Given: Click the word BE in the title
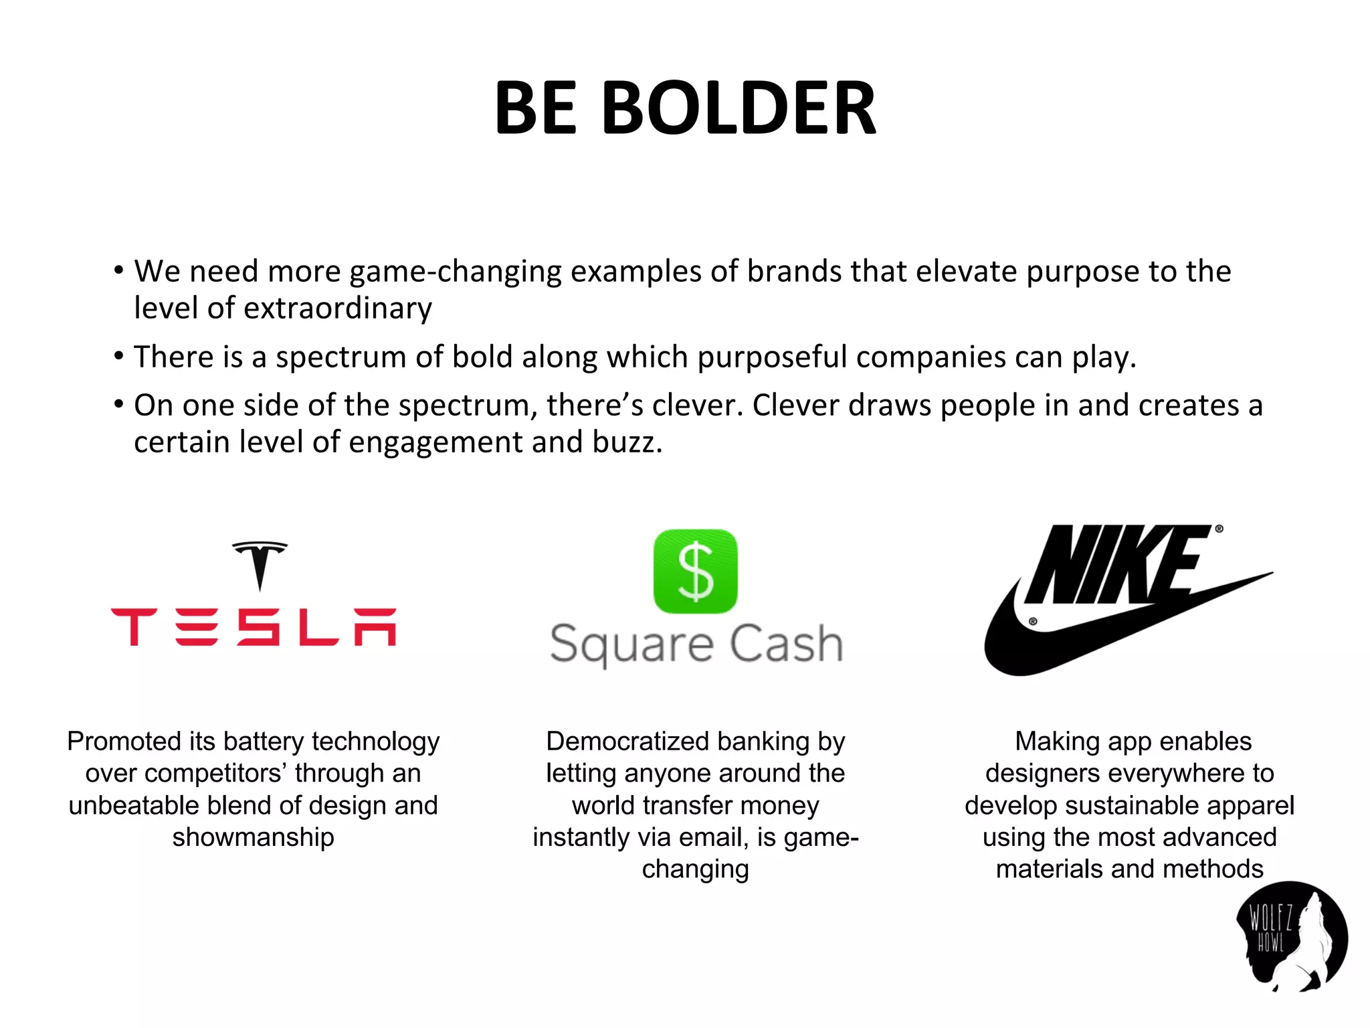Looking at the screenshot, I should [535, 108].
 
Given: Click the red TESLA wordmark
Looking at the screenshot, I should [254, 627].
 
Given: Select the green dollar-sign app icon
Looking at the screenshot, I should [695, 571].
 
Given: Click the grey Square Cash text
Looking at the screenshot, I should [696, 644].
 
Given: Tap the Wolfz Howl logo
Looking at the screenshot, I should [1290, 937].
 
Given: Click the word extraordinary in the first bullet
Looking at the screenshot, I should [338, 309].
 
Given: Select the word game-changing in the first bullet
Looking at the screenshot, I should [456, 272].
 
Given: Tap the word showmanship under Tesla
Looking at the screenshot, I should [253, 837].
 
